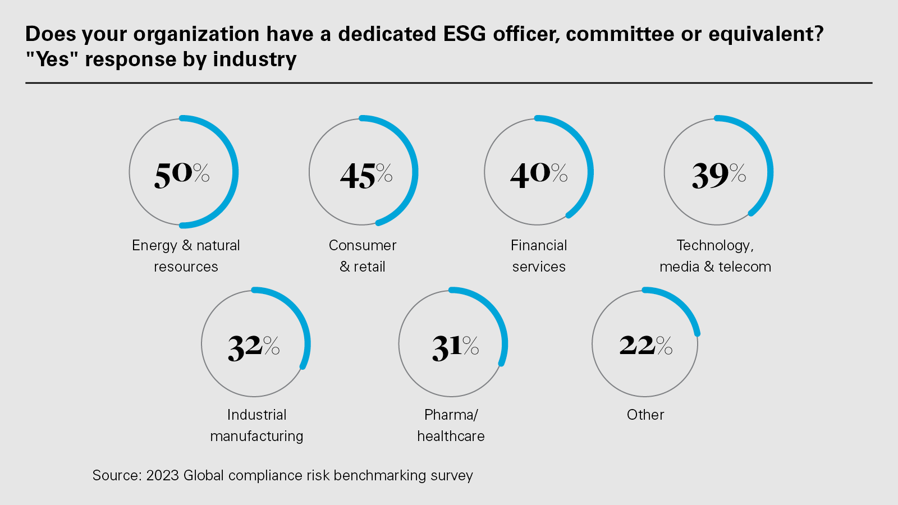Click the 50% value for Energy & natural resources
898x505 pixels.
tap(182, 174)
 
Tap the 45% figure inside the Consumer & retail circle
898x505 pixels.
tap(366, 175)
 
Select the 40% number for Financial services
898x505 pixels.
tap(539, 174)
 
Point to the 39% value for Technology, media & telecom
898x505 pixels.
tap(718, 175)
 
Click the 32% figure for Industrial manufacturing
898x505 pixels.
tap(254, 347)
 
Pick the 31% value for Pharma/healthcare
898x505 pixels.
tap(455, 347)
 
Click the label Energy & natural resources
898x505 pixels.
tap(186, 256)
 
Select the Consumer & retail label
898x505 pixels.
tap(363, 256)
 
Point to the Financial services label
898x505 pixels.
tap(539, 256)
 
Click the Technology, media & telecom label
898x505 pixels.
tap(715, 256)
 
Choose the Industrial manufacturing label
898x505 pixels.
tap(256, 425)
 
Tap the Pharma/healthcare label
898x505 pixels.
tap(451, 425)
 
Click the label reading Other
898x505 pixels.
tap(645, 415)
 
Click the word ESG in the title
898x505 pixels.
tap(465, 34)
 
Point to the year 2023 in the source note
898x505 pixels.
tap(162, 475)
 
